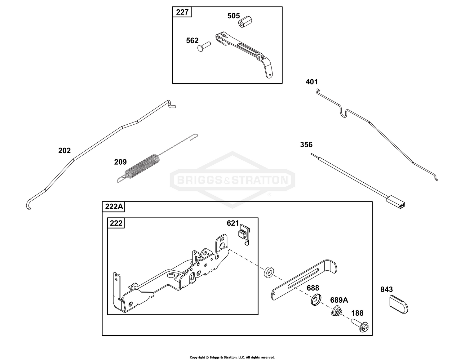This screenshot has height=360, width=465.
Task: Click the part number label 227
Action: click(x=182, y=12)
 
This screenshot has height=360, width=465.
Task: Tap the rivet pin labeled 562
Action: click(x=204, y=47)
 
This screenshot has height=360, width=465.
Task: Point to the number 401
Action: click(x=312, y=82)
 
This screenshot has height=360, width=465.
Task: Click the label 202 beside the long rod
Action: click(x=64, y=150)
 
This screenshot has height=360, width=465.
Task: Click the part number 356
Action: click(x=306, y=144)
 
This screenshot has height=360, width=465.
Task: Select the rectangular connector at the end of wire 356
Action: click(x=396, y=203)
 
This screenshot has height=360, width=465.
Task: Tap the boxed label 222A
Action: click(x=114, y=207)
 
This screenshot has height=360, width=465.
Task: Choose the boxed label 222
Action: click(x=116, y=223)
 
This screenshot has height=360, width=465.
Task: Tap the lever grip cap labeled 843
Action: click(x=398, y=304)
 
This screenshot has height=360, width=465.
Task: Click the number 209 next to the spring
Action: click(x=120, y=162)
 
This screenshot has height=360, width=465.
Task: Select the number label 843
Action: click(x=387, y=289)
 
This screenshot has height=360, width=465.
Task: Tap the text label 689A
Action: click(x=339, y=300)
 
